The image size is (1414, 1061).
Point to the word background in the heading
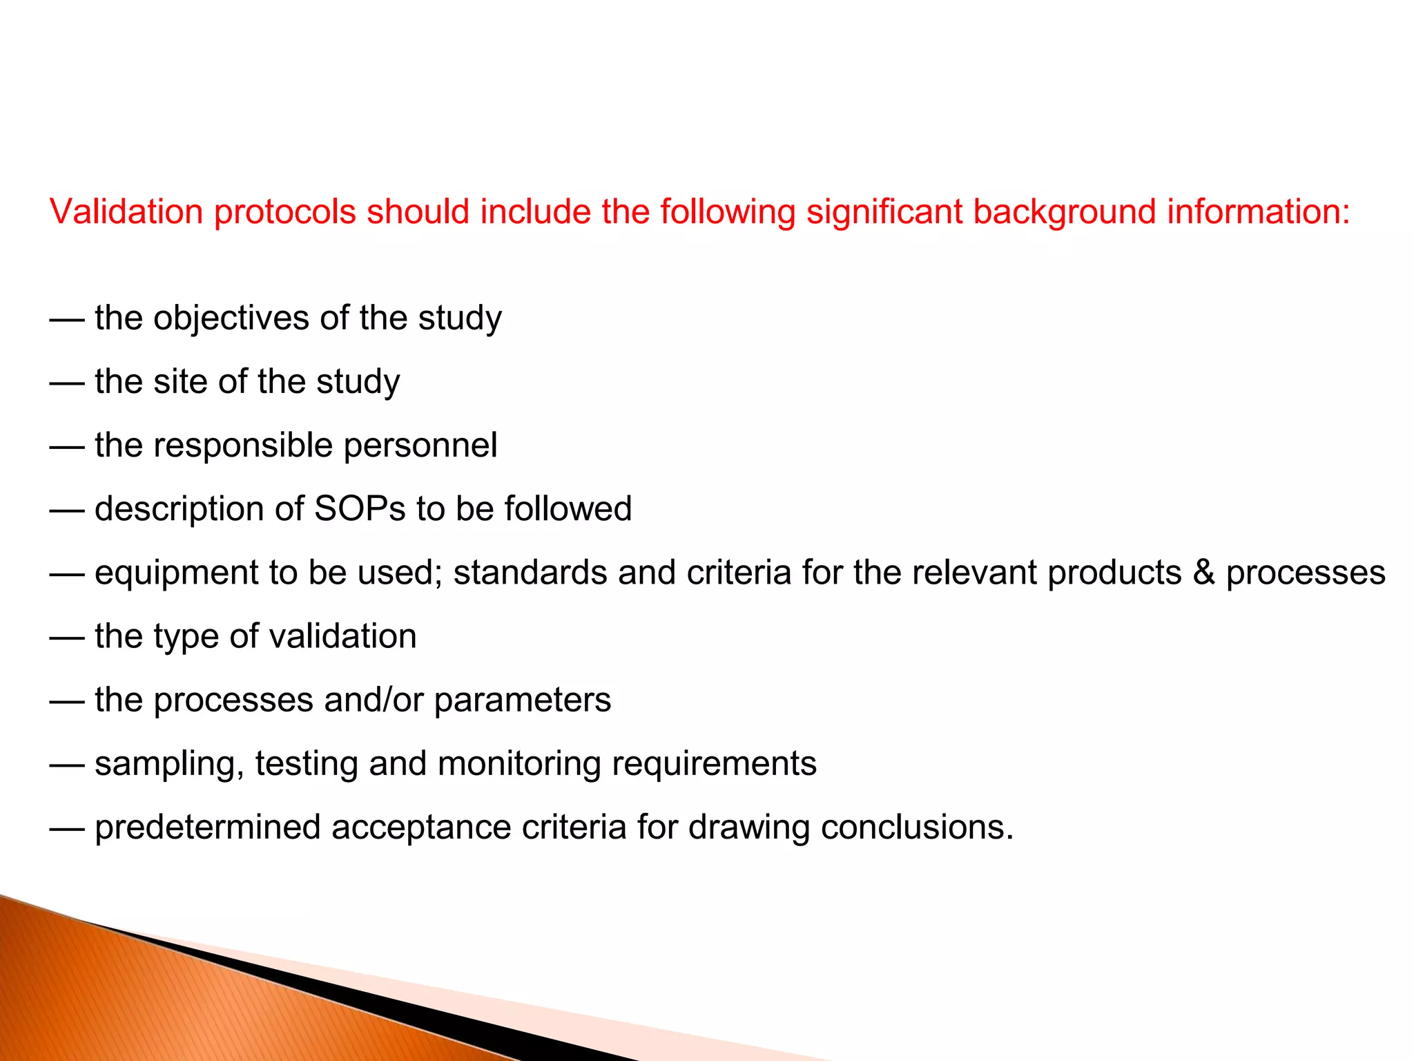point(1064,213)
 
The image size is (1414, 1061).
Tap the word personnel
point(420,446)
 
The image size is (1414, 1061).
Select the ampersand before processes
point(1203,573)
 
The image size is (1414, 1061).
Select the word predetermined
point(207,828)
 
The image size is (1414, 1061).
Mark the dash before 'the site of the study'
point(67,382)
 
